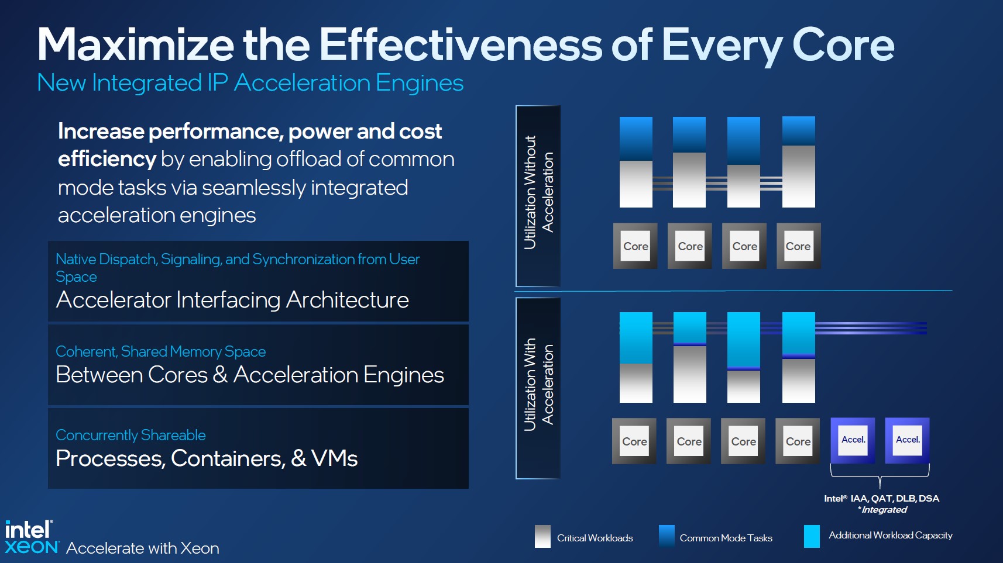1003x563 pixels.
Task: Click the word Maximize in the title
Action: pos(136,45)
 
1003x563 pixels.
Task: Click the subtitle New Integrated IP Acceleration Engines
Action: pos(250,83)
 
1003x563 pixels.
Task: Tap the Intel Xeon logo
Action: pos(30,537)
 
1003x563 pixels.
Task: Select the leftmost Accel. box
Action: pos(853,440)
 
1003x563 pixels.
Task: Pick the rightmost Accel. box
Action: pos(907,440)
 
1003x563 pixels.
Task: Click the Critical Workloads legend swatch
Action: pos(542,536)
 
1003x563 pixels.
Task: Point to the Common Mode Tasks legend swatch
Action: pos(666,536)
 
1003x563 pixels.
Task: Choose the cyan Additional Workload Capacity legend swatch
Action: pos(812,536)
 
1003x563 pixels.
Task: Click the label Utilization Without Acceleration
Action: pos(538,193)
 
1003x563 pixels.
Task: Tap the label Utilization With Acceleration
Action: pos(538,385)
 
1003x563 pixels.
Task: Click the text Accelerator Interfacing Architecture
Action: pos(232,300)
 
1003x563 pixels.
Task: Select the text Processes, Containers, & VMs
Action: pos(207,458)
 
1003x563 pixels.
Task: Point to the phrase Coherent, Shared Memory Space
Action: pos(160,351)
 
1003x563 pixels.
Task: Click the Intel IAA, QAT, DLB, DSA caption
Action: pos(881,499)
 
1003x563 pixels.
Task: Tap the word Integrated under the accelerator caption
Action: pos(884,510)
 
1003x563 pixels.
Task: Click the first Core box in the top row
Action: pos(636,246)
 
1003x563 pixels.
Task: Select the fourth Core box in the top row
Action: pos(798,246)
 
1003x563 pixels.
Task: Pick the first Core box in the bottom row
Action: pos(634,441)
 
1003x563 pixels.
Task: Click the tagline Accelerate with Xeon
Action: pos(143,548)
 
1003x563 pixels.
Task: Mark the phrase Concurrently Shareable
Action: pos(130,435)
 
